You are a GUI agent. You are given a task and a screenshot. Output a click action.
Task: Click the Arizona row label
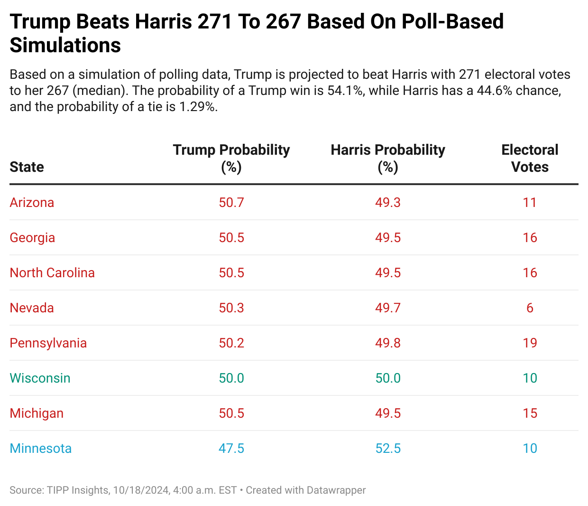pos(32,203)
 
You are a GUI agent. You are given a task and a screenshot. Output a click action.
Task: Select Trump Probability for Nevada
pos(231,308)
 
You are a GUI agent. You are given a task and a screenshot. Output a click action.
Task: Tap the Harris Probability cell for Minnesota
pos(388,449)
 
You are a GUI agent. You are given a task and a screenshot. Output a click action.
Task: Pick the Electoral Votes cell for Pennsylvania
pos(530,343)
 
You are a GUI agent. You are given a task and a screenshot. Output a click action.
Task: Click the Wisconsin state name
pos(40,378)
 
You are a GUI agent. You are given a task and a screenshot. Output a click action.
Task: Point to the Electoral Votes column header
pos(530,159)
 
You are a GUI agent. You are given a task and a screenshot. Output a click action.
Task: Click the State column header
pos(27,167)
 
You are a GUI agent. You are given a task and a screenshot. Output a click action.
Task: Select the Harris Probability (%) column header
pos(388,159)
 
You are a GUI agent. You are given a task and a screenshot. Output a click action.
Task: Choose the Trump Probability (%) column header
pos(231,159)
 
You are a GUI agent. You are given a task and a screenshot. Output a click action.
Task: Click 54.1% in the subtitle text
pos(346,91)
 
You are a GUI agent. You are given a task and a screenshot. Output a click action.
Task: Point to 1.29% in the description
pos(198,107)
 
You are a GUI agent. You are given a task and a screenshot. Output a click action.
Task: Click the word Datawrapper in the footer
pos(336,490)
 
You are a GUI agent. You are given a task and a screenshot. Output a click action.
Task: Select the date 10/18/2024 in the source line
pos(141,490)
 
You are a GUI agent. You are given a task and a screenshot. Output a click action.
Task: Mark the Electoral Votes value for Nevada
pos(530,308)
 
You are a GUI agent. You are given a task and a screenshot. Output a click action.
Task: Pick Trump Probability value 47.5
pos(231,449)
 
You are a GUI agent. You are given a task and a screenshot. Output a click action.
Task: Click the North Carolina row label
pos(52,273)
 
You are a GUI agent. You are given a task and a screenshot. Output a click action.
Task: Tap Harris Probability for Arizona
pos(388,203)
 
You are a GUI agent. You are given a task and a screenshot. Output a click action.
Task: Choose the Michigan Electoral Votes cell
pos(530,413)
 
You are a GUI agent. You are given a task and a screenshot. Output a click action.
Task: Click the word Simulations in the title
pos(65,46)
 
